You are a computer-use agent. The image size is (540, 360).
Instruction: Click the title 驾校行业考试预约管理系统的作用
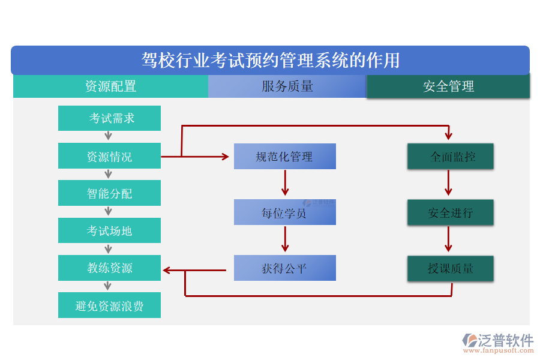click(270, 61)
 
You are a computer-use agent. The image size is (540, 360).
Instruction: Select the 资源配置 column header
click(110, 86)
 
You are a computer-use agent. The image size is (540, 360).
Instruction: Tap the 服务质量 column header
click(287, 86)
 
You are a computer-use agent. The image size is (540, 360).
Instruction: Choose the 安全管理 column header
click(448, 86)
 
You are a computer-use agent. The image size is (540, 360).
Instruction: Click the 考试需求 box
click(109, 118)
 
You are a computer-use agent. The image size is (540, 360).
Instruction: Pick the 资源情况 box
click(109, 156)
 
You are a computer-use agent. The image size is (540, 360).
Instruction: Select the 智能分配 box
click(109, 193)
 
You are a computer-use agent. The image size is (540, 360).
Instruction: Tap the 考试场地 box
click(109, 230)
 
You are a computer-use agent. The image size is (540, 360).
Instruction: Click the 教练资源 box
click(109, 268)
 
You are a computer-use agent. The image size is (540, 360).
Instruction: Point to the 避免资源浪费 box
click(109, 305)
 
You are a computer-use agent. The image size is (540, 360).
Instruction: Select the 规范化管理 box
click(284, 157)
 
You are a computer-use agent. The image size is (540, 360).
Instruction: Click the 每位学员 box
click(284, 212)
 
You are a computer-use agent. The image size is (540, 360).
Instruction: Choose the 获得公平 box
click(284, 268)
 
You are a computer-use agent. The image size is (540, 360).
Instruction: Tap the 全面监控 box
click(451, 157)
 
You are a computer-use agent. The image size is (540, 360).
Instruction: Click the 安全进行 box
click(451, 212)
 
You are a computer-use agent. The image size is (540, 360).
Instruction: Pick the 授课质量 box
click(451, 268)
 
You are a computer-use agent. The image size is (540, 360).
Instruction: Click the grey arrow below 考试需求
click(109, 136)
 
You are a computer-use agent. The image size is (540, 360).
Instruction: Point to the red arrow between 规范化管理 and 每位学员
click(285, 182)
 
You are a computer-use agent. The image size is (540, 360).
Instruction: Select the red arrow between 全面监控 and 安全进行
click(448, 182)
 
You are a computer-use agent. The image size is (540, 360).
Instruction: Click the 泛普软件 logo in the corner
click(497, 342)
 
